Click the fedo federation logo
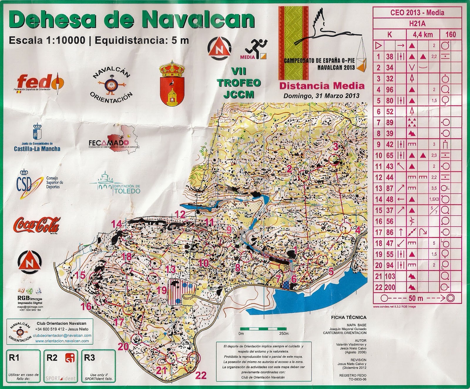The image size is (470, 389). [x=40, y=82]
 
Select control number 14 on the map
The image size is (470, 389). [x=116, y=224]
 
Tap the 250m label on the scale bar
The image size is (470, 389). [x=284, y=334]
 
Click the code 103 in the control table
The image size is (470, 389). [x=390, y=276]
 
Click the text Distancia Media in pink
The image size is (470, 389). [x=322, y=86]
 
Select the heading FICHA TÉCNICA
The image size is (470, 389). [x=348, y=317]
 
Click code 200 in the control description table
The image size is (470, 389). [x=390, y=287]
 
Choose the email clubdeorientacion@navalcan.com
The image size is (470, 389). [x=62, y=335]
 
